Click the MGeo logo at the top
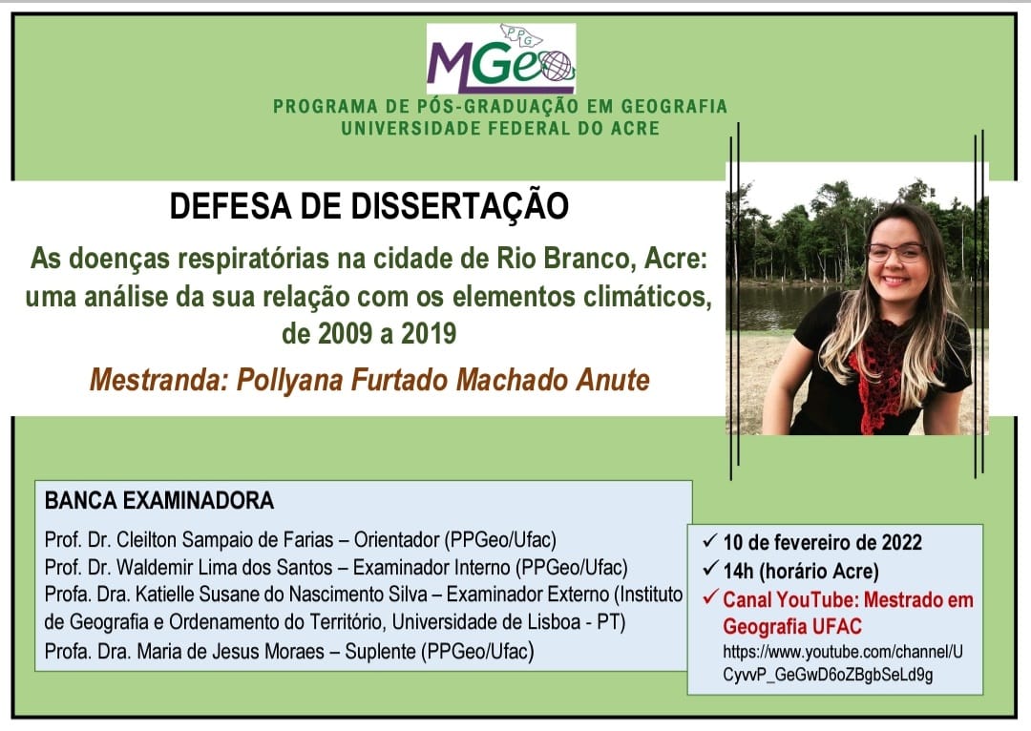501,59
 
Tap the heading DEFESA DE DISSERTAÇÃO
368,206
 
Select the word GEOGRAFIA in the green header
674,106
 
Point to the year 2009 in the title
346,334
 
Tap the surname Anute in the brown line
613,380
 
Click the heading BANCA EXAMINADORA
159,500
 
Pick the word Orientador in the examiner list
396,540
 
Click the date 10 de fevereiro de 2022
823,542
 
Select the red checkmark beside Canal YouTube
709,597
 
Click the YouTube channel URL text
843,663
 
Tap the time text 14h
738,572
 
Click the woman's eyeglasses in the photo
896,253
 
